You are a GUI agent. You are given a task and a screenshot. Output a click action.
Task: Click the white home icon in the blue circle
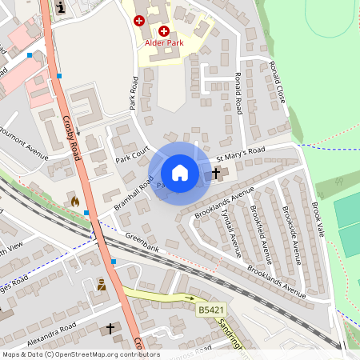(x=180, y=173)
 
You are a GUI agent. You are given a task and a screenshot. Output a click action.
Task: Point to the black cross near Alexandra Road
(x=110, y=329)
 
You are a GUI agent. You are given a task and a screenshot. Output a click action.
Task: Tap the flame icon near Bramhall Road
(x=75, y=201)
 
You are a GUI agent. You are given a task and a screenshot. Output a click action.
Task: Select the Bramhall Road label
(x=133, y=196)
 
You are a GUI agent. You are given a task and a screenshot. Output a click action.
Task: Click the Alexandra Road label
(x=51, y=333)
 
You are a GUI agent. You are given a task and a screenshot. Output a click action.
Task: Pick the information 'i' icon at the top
(x=62, y=8)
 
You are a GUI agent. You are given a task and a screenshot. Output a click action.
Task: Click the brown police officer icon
(x=102, y=284)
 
